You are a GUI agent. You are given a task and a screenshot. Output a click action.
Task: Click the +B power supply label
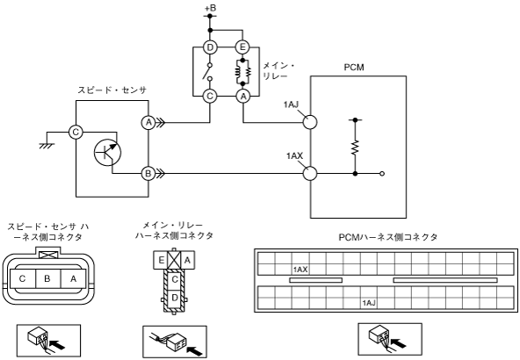(x=210, y=7)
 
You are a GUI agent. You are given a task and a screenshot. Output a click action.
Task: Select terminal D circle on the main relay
(x=210, y=47)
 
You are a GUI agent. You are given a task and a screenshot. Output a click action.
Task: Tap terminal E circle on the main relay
(x=242, y=47)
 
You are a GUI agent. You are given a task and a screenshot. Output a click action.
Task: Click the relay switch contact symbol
(x=208, y=71)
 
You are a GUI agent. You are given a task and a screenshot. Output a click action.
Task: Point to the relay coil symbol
(x=243, y=72)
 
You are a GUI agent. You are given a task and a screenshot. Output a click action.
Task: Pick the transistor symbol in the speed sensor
(x=107, y=152)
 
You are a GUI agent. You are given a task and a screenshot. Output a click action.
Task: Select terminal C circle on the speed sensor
(x=76, y=133)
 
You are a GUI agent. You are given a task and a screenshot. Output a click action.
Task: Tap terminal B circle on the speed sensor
(x=148, y=173)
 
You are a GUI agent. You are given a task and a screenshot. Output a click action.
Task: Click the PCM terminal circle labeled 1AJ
(x=310, y=122)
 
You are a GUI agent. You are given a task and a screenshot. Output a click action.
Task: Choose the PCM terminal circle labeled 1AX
(x=310, y=174)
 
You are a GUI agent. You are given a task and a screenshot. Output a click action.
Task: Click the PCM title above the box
(x=354, y=68)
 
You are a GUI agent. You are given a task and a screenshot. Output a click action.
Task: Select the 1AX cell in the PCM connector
(x=300, y=270)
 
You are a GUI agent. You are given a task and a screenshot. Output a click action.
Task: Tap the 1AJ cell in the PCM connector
(x=369, y=303)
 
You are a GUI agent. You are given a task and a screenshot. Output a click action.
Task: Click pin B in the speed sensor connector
(x=48, y=278)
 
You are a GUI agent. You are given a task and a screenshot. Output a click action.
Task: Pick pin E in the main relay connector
(x=161, y=260)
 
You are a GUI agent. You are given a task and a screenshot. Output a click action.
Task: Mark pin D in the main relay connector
(x=175, y=298)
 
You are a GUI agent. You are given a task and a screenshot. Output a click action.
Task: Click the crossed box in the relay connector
(x=174, y=260)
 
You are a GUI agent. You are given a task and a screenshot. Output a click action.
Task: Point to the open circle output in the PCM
(x=382, y=174)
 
